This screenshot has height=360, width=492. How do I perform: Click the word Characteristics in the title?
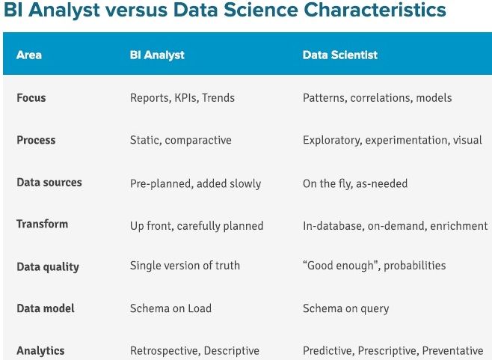pyautogui.click(x=375, y=10)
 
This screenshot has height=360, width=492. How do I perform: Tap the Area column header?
pyautogui.click(x=29, y=55)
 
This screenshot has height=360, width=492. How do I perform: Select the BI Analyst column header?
pyautogui.click(x=157, y=55)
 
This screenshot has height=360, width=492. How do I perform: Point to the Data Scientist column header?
pyautogui.click(x=339, y=55)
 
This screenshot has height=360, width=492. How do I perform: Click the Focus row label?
pyautogui.click(x=31, y=98)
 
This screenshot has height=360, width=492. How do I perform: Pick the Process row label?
pyautogui.click(x=36, y=140)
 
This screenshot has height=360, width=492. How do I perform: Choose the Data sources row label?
pyautogui.click(x=49, y=182)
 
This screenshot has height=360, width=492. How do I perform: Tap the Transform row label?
pyautogui.click(x=42, y=224)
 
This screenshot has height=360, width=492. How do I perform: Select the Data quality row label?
pyautogui.click(x=48, y=266)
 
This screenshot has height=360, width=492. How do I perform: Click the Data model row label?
pyautogui.click(x=46, y=308)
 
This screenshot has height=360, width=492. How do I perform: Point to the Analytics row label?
pyautogui.click(x=40, y=350)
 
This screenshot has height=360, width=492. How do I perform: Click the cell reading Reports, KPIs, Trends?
pyautogui.click(x=182, y=98)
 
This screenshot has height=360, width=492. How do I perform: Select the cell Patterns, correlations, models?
pyautogui.click(x=377, y=98)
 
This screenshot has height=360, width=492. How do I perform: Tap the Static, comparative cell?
pyautogui.click(x=181, y=140)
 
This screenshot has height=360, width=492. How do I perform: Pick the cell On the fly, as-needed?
pyautogui.click(x=355, y=183)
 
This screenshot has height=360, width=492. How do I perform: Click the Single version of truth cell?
pyautogui.click(x=185, y=266)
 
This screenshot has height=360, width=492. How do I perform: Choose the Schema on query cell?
pyautogui.click(x=345, y=308)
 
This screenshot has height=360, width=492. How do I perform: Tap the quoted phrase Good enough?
pyautogui.click(x=341, y=266)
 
